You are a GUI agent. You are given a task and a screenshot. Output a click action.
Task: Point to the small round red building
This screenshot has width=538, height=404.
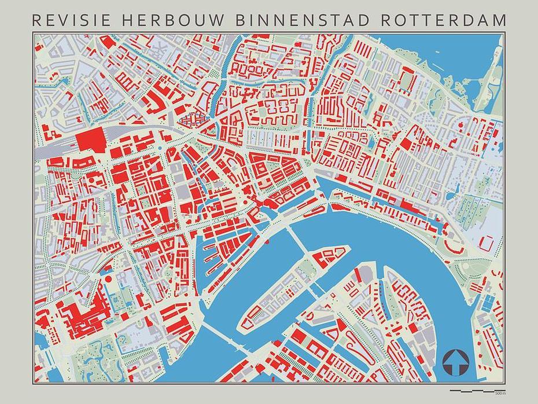108,281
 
